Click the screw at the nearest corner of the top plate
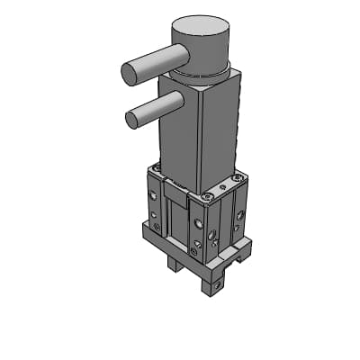(208, 196)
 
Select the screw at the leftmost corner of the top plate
(155, 168)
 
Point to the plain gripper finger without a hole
(174, 265)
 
